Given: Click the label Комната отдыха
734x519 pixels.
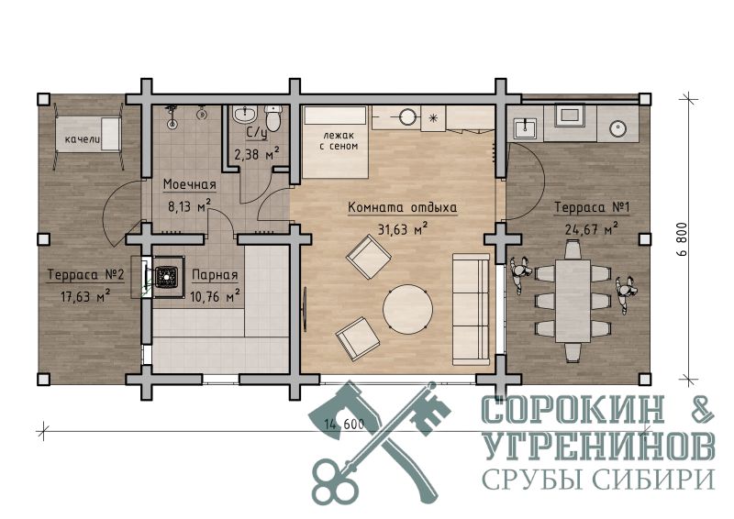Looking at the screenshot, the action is (403, 207).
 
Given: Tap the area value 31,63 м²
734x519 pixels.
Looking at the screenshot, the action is (403, 229).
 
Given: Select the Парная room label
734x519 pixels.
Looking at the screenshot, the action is (215, 275).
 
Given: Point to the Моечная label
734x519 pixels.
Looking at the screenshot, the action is (190, 184).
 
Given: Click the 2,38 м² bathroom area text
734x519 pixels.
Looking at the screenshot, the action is (257, 153).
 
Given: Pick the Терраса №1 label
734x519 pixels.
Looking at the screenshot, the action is (592, 207).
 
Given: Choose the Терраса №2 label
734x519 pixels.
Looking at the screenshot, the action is (85, 275).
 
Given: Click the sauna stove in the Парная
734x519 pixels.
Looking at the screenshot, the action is (166, 275).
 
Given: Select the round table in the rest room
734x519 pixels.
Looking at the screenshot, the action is (408, 309).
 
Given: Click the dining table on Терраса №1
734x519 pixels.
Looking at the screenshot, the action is (573, 301).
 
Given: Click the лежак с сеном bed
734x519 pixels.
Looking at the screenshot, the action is (335, 142).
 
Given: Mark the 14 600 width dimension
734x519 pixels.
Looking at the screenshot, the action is (343, 424).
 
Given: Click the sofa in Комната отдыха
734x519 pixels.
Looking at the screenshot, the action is (471, 309).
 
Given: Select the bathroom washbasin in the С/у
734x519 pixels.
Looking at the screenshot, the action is (244, 116).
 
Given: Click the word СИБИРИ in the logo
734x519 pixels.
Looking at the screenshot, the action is (652, 479).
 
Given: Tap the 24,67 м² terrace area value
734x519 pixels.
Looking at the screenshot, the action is (592, 229).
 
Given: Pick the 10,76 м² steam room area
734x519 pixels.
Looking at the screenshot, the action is (215, 296).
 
